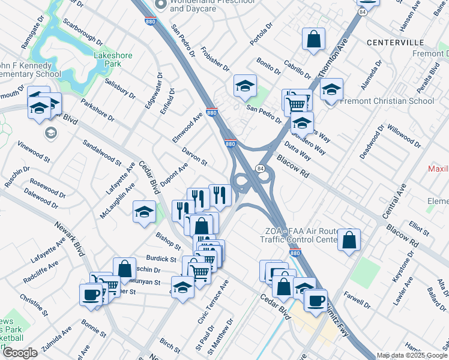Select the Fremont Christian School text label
[x=387, y=101]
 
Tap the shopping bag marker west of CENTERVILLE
[x=313, y=40]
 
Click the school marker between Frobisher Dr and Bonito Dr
[x=245, y=86]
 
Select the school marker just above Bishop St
[x=144, y=212]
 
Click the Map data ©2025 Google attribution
[x=411, y=355]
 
